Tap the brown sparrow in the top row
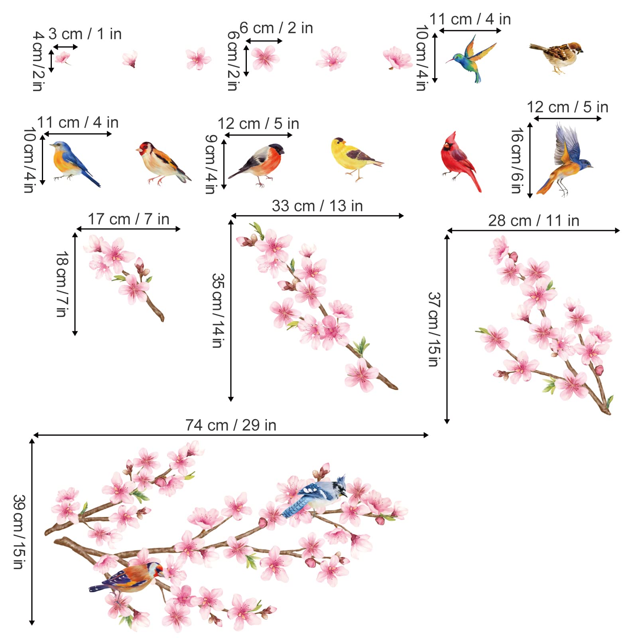coord(558,56)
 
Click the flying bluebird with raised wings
coord(566,159)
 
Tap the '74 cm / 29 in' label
coord(230,425)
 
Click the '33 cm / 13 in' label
coord(317,206)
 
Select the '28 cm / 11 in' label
coord(534,221)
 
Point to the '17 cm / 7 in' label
coord(128,219)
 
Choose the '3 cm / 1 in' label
coord(85,34)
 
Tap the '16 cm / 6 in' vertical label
coord(517,160)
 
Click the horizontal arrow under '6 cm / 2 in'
coord(264,41)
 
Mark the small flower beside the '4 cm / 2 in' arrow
coord(63,59)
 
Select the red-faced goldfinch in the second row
coord(161,161)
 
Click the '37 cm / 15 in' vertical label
coord(434,329)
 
